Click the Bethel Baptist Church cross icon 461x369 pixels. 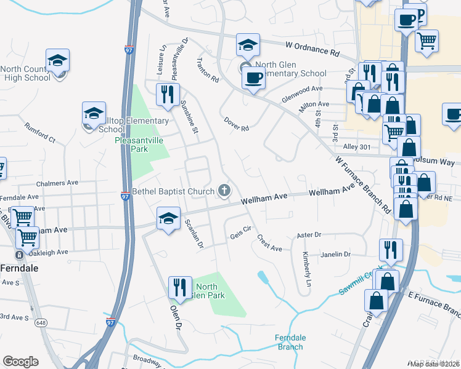224,191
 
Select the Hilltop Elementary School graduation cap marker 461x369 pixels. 94,114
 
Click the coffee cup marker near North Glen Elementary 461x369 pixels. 253,78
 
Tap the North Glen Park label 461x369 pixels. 206,291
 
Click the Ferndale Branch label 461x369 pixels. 290,343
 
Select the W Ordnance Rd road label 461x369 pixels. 312,48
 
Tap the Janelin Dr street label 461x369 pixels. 335,254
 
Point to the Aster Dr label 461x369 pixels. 309,234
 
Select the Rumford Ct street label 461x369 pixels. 40,133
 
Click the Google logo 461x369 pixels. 20,361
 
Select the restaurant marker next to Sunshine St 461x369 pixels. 168,95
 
